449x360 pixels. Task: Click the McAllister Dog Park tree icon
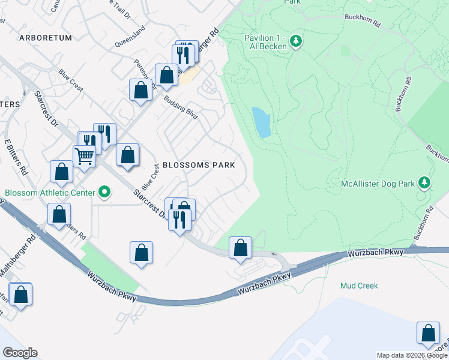click(x=424, y=181)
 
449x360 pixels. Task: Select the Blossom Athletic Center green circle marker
click(x=105, y=193)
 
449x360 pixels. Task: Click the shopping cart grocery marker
click(x=84, y=156)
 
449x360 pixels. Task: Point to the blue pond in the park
click(x=261, y=122)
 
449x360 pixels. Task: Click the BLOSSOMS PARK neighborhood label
click(x=199, y=164)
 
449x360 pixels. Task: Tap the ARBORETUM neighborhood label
click(x=46, y=38)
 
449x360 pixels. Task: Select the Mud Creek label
click(x=359, y=286)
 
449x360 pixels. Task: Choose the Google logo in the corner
click(x=20, y=353)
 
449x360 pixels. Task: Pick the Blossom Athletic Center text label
click(x=50, y=193)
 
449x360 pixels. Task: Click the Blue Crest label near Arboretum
click(x=71, y=81)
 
